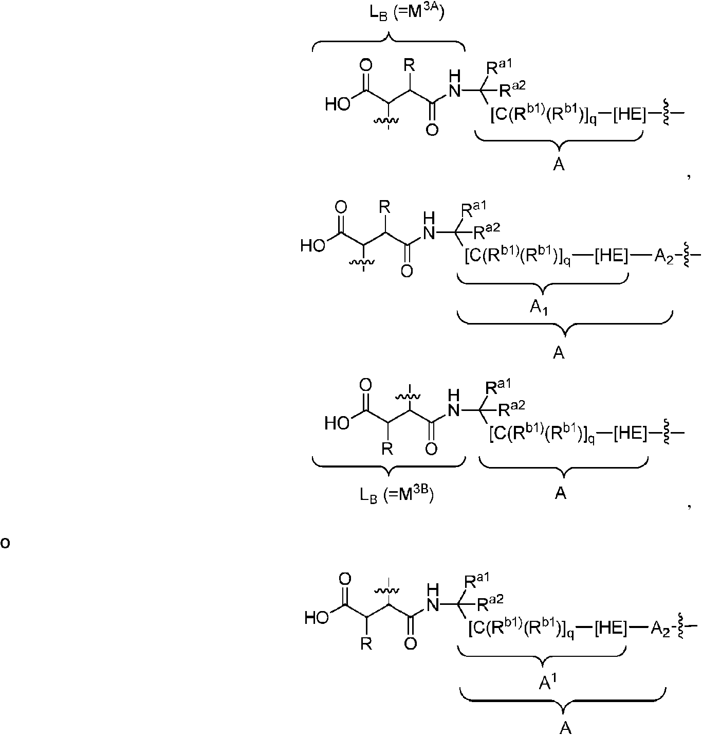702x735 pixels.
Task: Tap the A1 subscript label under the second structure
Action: pyautogui.click(x=539, y=308)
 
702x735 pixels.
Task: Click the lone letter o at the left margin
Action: pyautogui.click(x=5, y=543)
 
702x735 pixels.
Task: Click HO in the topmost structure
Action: pyautogui.click(x=338, y=104)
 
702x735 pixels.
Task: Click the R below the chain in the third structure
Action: pyautogui.click(x=387, y=450)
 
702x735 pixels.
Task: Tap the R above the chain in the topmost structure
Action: pyautogui.click(x=409, y=66)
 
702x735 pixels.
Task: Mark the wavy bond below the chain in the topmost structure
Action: pyautogui.click(x=385, y=121)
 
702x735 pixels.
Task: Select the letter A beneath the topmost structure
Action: pyautogui.click(x=559, y=165)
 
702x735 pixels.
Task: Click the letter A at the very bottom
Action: pyautogui.click(x=565, y=727)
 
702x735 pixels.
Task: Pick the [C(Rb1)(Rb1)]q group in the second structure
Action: pyautogui.click(x=518, y=256)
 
